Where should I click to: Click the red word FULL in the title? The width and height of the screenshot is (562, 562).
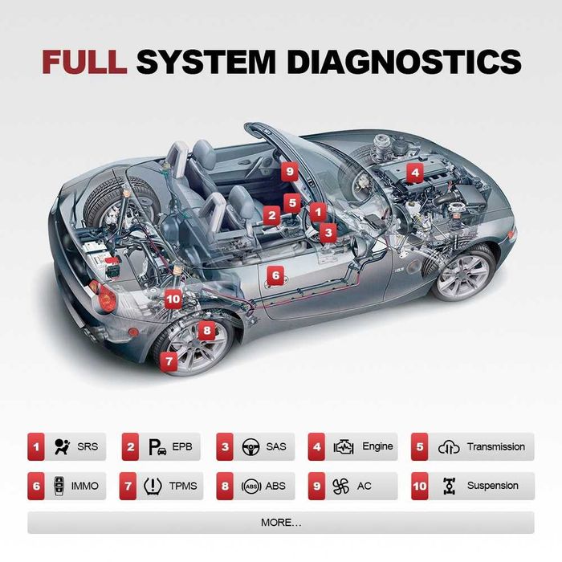click(x=84, y=62)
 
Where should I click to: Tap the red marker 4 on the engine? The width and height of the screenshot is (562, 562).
click(x=414, y=171)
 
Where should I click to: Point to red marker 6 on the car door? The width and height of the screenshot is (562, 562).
click(x=275, y=275)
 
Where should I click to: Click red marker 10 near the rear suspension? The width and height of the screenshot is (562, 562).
click(x=173, y=299)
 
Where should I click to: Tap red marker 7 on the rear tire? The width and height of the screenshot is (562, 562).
click(x=169, y=361)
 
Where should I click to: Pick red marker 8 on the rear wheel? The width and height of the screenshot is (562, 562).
click(x=206, y=329)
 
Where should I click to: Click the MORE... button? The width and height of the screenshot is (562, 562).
click(x=281, y=523)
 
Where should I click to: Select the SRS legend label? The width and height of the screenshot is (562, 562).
click(x=87, y=446)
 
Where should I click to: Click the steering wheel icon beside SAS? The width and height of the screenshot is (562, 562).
click(x=250, y=447)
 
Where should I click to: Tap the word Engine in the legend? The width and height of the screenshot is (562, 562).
click(x=377, y=446)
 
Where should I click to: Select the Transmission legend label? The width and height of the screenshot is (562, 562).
click(x=495, y=446)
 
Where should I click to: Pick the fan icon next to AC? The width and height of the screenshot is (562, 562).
click(x=341, y=486)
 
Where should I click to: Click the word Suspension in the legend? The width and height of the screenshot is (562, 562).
click(x=492, y=486)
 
